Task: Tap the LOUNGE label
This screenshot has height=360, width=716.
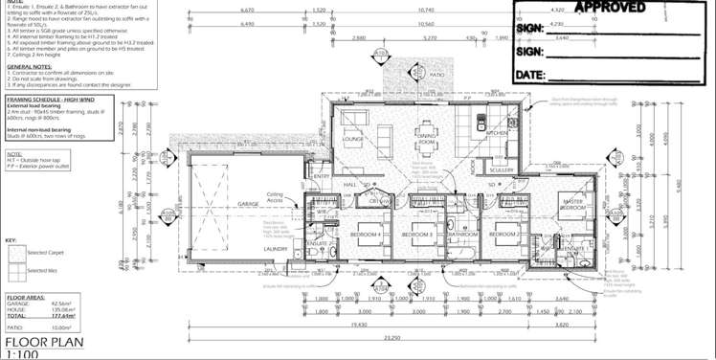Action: [x=352, y=139]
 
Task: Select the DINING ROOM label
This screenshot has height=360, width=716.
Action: [x=426, y=140]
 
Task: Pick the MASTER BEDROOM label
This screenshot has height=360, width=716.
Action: [x=573, y=204]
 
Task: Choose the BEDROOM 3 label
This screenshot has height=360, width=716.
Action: [x=417, y=235]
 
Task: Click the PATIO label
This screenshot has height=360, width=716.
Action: [x=437, y=73]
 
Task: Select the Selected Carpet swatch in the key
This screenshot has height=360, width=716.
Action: [x=17, y=254]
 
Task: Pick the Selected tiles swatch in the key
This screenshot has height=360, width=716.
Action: [x=17, y=271]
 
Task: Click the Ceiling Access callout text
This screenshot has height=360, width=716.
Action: [x=275, y=197]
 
